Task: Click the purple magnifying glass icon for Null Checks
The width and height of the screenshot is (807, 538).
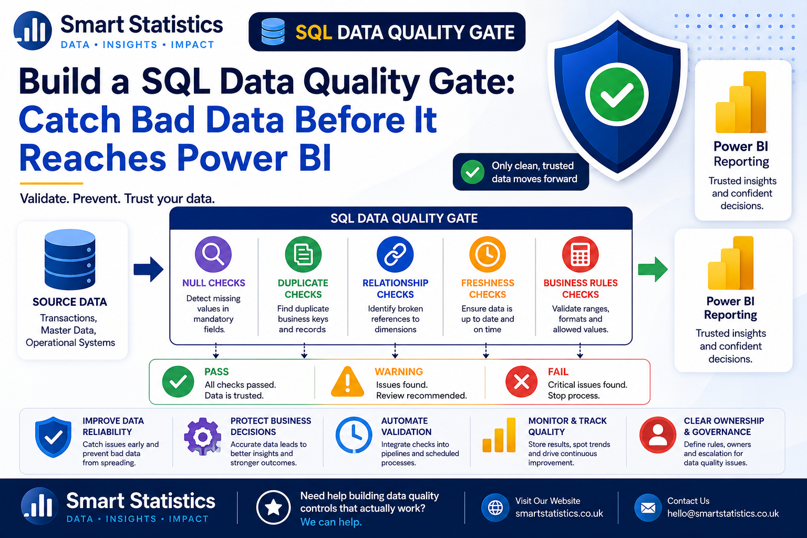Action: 213,254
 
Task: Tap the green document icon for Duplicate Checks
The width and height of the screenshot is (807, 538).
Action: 303,254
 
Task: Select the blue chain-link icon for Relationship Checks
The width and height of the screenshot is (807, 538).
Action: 395,254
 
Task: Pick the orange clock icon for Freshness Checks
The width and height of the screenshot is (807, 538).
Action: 488,254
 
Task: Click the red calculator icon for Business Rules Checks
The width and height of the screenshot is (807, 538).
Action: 581,254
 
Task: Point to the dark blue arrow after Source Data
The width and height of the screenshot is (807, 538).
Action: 149,269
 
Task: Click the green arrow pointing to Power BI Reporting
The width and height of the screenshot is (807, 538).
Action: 653,269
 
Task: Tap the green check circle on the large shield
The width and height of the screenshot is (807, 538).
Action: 617,95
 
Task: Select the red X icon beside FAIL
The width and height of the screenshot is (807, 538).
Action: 521,381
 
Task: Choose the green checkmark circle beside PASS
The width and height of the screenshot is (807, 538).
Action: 178,381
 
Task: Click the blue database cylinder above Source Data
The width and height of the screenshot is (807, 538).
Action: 70,260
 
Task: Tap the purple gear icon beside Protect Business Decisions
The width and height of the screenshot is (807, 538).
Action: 202,437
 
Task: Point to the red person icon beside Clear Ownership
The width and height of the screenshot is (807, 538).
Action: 658,435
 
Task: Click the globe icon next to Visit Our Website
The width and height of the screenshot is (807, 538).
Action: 495,508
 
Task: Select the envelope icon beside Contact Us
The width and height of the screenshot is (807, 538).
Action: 648,508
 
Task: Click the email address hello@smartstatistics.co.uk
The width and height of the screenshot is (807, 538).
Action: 723,513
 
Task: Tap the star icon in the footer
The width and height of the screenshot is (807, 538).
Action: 273,508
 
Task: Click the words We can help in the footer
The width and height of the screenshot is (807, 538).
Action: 330,522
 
